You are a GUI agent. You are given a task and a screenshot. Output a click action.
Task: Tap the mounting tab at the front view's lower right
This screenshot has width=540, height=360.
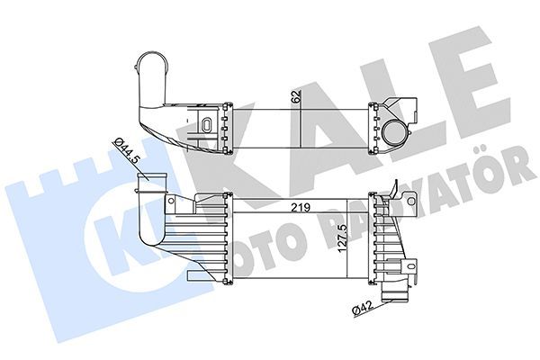point(413,267)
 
